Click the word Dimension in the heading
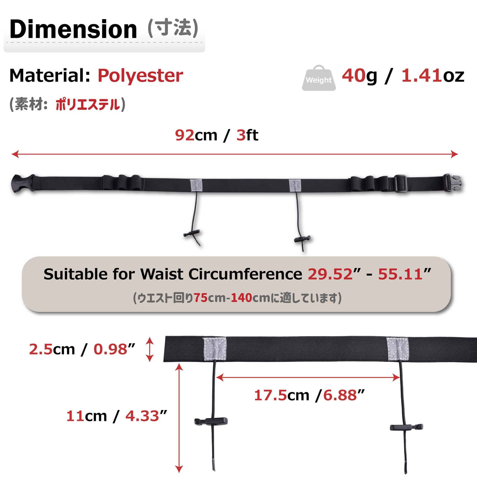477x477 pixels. [x=73, y=29]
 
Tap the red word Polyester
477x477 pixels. [x=140, y=76]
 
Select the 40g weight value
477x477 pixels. [x=360, y=76]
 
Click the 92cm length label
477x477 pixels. [x=196, y=135]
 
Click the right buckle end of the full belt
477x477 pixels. [x=452, y=183]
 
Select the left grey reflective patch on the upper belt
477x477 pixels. [x=196, y=186]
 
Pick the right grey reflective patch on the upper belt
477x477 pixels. [x=295, y=186]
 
